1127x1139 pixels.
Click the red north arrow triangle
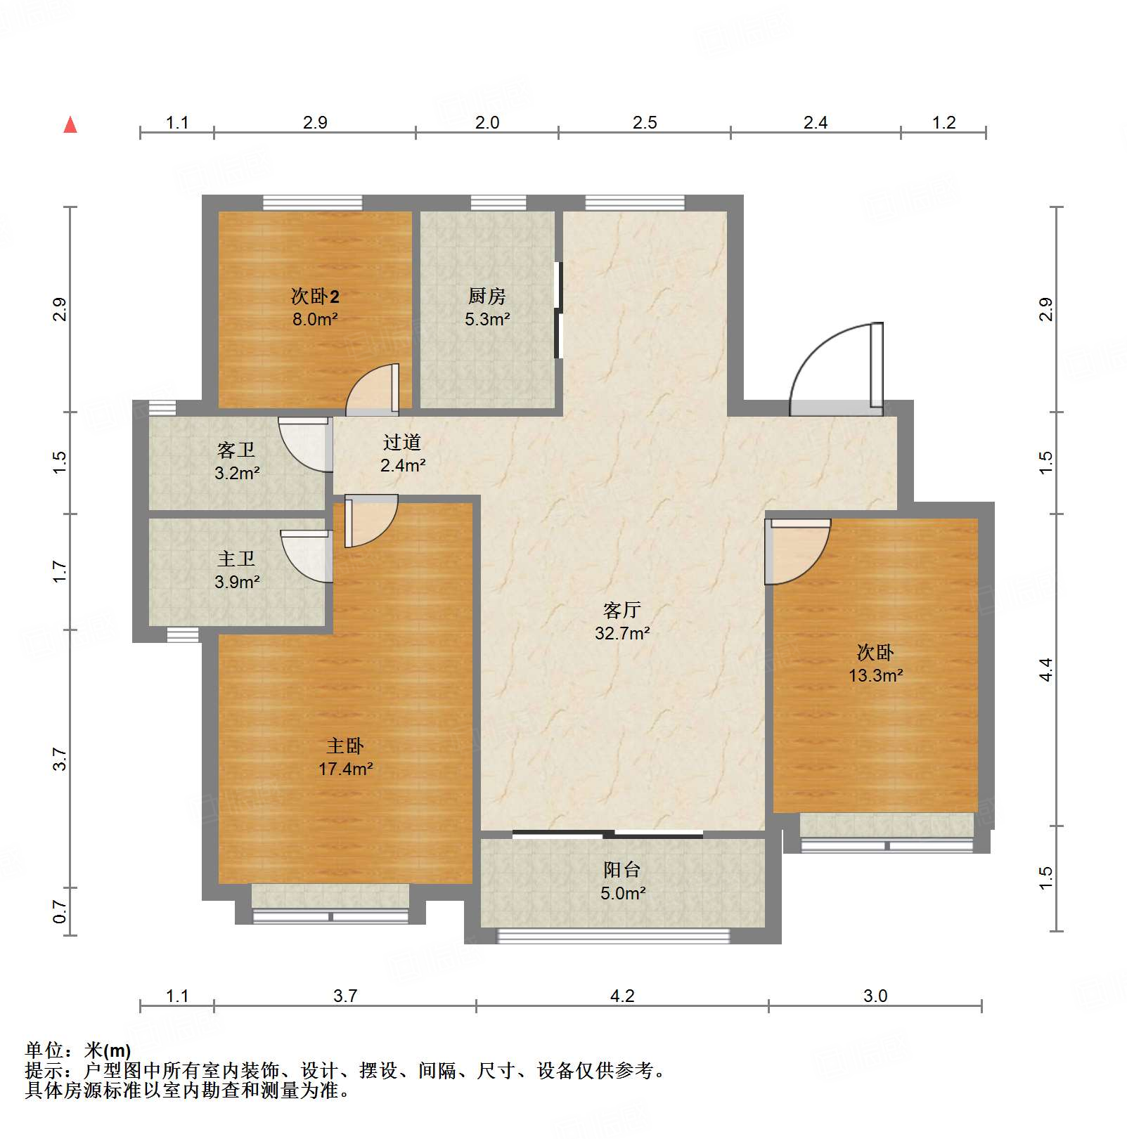pyautogui.click(x=70, y=125)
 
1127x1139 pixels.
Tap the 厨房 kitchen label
pyautogui.click(x=487, y=296)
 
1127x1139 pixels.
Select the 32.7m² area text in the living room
pyautogui.click(x=622, y=633)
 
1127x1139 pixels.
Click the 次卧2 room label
pyautogui.click(x=315, y=296)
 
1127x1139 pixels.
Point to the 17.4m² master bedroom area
pyautogui.click(x=345, y=769)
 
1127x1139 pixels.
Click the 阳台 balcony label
pyautogui.click(x=622, y=870)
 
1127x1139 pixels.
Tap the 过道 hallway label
pyautogui.click(x=402, y=442)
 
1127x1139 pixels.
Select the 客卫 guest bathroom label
pyautogui.click(x=236, y=450)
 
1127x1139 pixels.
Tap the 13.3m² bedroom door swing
pyautogui.click(x=796, y=552)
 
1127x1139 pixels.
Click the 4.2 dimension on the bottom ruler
pyautogui.click(x=622, y=996)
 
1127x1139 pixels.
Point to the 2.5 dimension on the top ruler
pyautogui.click(x=644, y=123)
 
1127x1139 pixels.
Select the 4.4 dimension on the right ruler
pyautogui.click(x=1046, y=669)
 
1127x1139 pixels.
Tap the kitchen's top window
pyautogui.click(x=498, y=203)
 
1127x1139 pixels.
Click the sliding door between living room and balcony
pyautogui.click(x=608, y=834)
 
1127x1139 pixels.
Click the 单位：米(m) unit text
pyautogui.click(x=78, y=1050)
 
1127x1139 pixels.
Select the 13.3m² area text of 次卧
pyautogui.click(x=875, y=675)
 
